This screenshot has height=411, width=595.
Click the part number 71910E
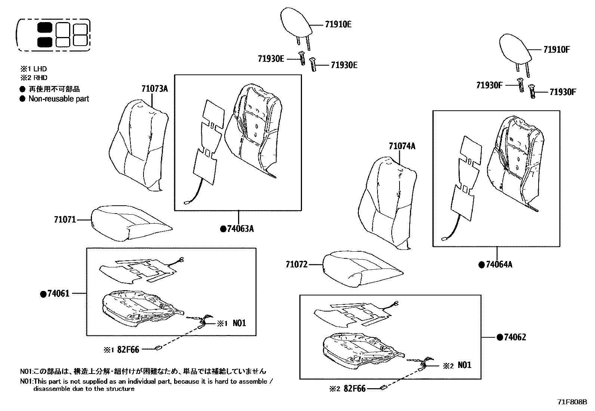click(338, 25)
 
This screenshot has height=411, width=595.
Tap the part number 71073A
click(154, 89)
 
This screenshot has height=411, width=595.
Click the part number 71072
click(296, 265)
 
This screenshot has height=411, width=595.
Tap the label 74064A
click(499, 265)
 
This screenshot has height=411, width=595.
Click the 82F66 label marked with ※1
click(128, 350)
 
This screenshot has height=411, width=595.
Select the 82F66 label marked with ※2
click(354, 389)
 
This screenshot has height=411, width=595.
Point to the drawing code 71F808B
click(572, 402)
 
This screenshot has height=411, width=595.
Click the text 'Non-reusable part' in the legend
click(59, 99)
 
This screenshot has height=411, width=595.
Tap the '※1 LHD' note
click(33, 69)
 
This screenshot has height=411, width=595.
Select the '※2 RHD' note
click(33, 78)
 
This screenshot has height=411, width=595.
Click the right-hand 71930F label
click(563, 92)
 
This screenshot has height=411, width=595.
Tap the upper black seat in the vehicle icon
click(45, 28)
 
